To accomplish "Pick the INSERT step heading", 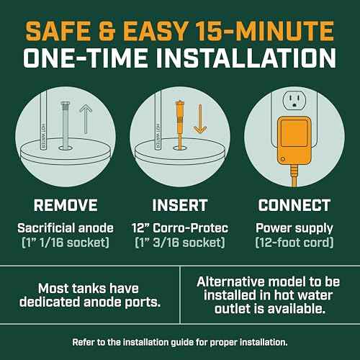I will tap(180, 205).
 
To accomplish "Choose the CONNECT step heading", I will tap(294, 205).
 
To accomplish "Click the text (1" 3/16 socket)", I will tap(180, 243).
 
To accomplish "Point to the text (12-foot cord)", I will tap(294, 243).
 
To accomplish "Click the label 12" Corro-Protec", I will tap(180, 228).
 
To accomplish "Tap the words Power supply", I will tap(294, 228).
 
